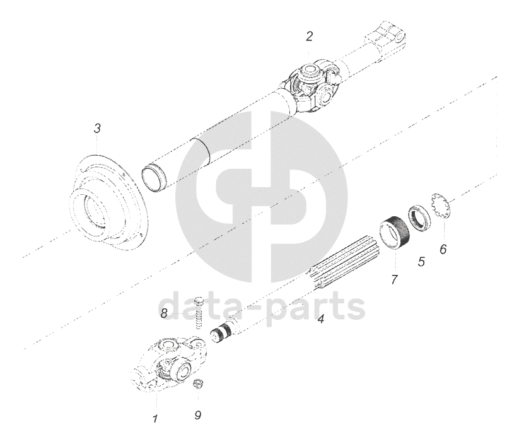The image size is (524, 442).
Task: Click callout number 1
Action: tap(155, 418)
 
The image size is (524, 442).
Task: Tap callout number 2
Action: tap(310, 37)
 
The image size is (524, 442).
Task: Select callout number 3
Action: tap(97, 128)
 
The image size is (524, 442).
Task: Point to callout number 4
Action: tap(321, 319)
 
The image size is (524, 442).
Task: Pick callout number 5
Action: tap(421, 261)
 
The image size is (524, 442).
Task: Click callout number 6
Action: tap(443, 249)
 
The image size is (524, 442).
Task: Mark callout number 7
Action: tap(394, 279)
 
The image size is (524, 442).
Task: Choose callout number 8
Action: tap(164, 313)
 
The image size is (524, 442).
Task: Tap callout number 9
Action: tap(198, 416)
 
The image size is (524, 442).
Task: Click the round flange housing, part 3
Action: tap(107, 204)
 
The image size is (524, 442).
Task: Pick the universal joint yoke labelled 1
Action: tap(168, 363)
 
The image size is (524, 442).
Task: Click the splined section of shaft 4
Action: tap(344, 264)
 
